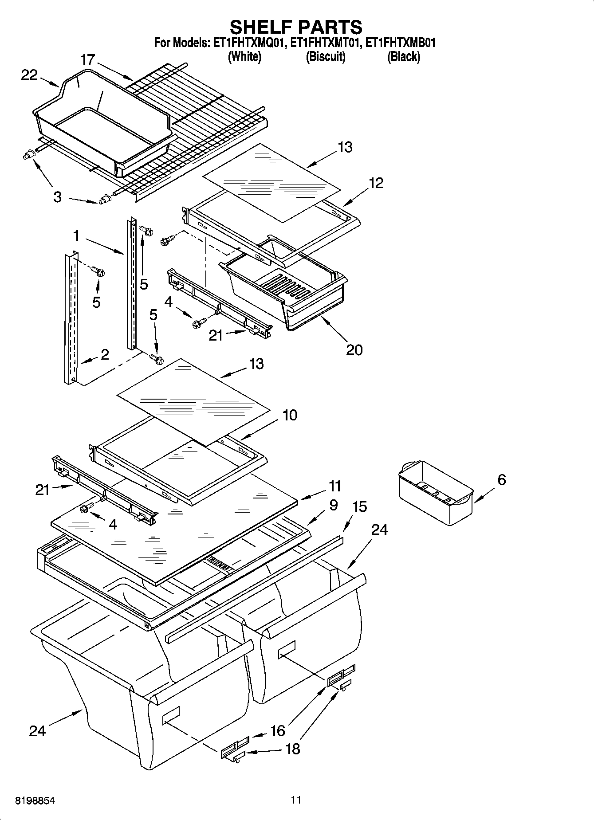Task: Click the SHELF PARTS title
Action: tap(296, 27)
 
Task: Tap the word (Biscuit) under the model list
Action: tap(326, 56)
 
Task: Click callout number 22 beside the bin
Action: tap(29, 75)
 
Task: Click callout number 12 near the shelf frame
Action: tap(376, 183)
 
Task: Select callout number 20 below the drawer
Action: tap(354, 350)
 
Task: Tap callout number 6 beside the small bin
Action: tap(501, 479)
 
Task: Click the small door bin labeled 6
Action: tap(435, 492)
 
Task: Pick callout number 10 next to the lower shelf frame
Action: tap(289, 416)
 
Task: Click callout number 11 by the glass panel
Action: tap(334, 486)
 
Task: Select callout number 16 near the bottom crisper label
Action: tap(278, 730)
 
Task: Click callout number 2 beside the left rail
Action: tap(105, 354)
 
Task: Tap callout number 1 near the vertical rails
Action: tap(76, 235)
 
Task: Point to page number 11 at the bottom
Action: tap(296, 800)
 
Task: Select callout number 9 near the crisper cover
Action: tap(333, 505)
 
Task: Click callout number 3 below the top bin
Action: tap(57, 197)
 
